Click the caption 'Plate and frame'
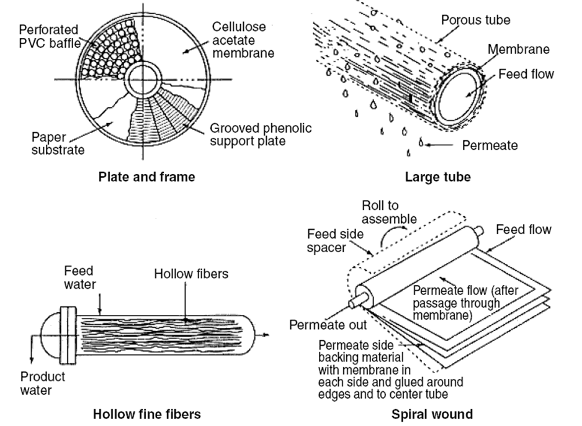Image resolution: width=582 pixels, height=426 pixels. click(146, 177)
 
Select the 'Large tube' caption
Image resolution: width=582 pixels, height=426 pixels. click(437, 177)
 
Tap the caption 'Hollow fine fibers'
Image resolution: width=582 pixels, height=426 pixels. click(146, 413)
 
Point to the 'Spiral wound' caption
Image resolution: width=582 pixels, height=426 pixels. click(432, 414)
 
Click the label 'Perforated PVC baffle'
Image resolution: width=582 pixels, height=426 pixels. click(48, 36)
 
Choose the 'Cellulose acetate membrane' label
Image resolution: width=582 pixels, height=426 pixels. click(243, 40)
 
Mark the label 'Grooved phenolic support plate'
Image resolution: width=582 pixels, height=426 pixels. click(260, 135)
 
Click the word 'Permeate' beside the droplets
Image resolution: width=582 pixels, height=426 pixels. click(490, 145)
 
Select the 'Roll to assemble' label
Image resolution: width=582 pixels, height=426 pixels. click(389, 212)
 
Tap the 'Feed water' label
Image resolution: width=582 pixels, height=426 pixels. click(79, 276)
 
